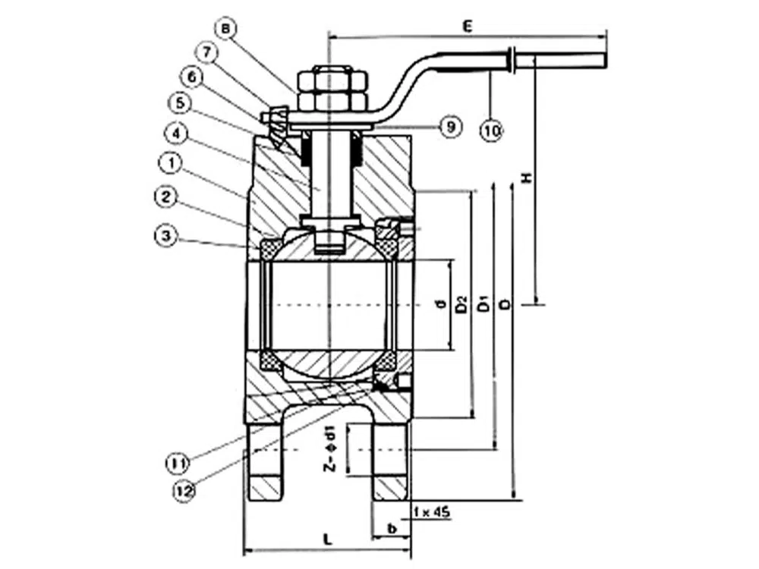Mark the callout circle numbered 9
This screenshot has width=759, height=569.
point(451,127)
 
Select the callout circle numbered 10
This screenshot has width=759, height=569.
point(491,130)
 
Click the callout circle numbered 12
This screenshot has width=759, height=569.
point(183,491)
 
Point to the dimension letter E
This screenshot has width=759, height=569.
point(468,27)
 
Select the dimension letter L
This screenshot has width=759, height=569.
point(327,540)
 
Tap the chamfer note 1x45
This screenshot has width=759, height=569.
point(433,514)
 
